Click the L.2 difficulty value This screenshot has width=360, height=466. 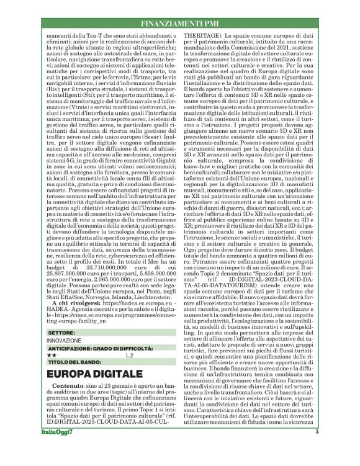[x=130, y=355]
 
